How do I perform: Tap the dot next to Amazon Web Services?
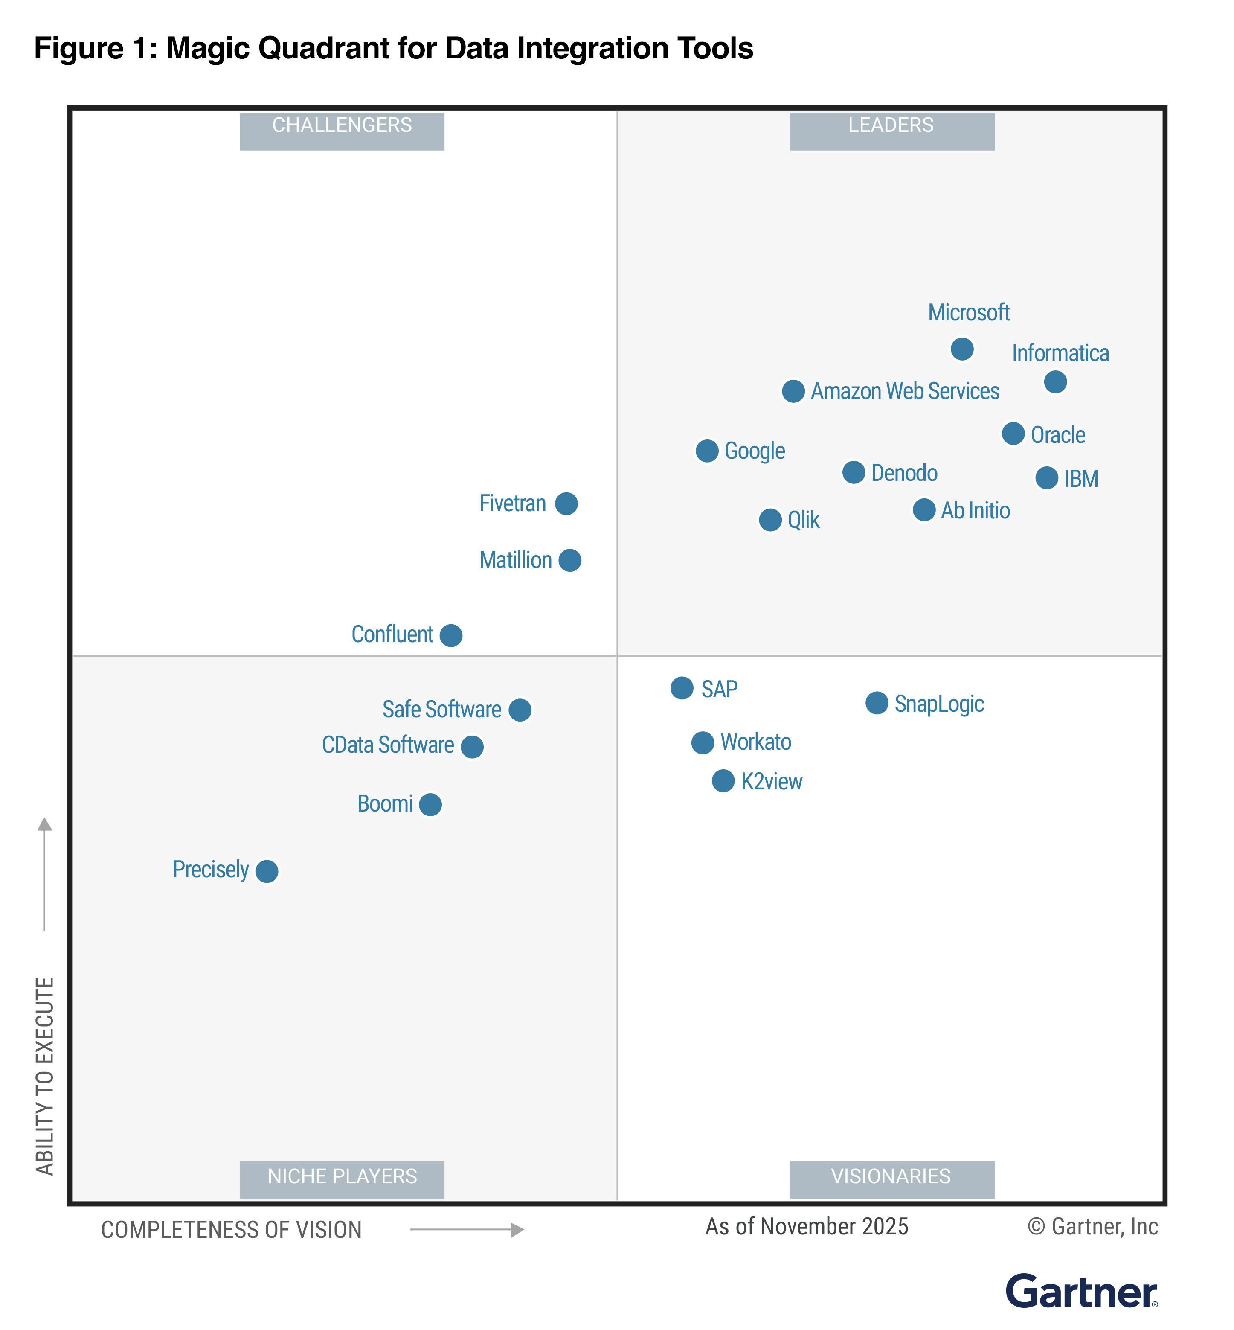pos(793,391)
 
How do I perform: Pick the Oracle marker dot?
pos(1013,434)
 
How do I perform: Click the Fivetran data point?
pos(566,503)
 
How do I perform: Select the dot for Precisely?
pos(267,871)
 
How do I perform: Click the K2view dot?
pos(723,780)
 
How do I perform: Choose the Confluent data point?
pos(451,635)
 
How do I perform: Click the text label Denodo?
pos(904,473)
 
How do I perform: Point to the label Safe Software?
pos(441,710)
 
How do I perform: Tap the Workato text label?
pos(755,742)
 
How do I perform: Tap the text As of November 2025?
pos(807,1226)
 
